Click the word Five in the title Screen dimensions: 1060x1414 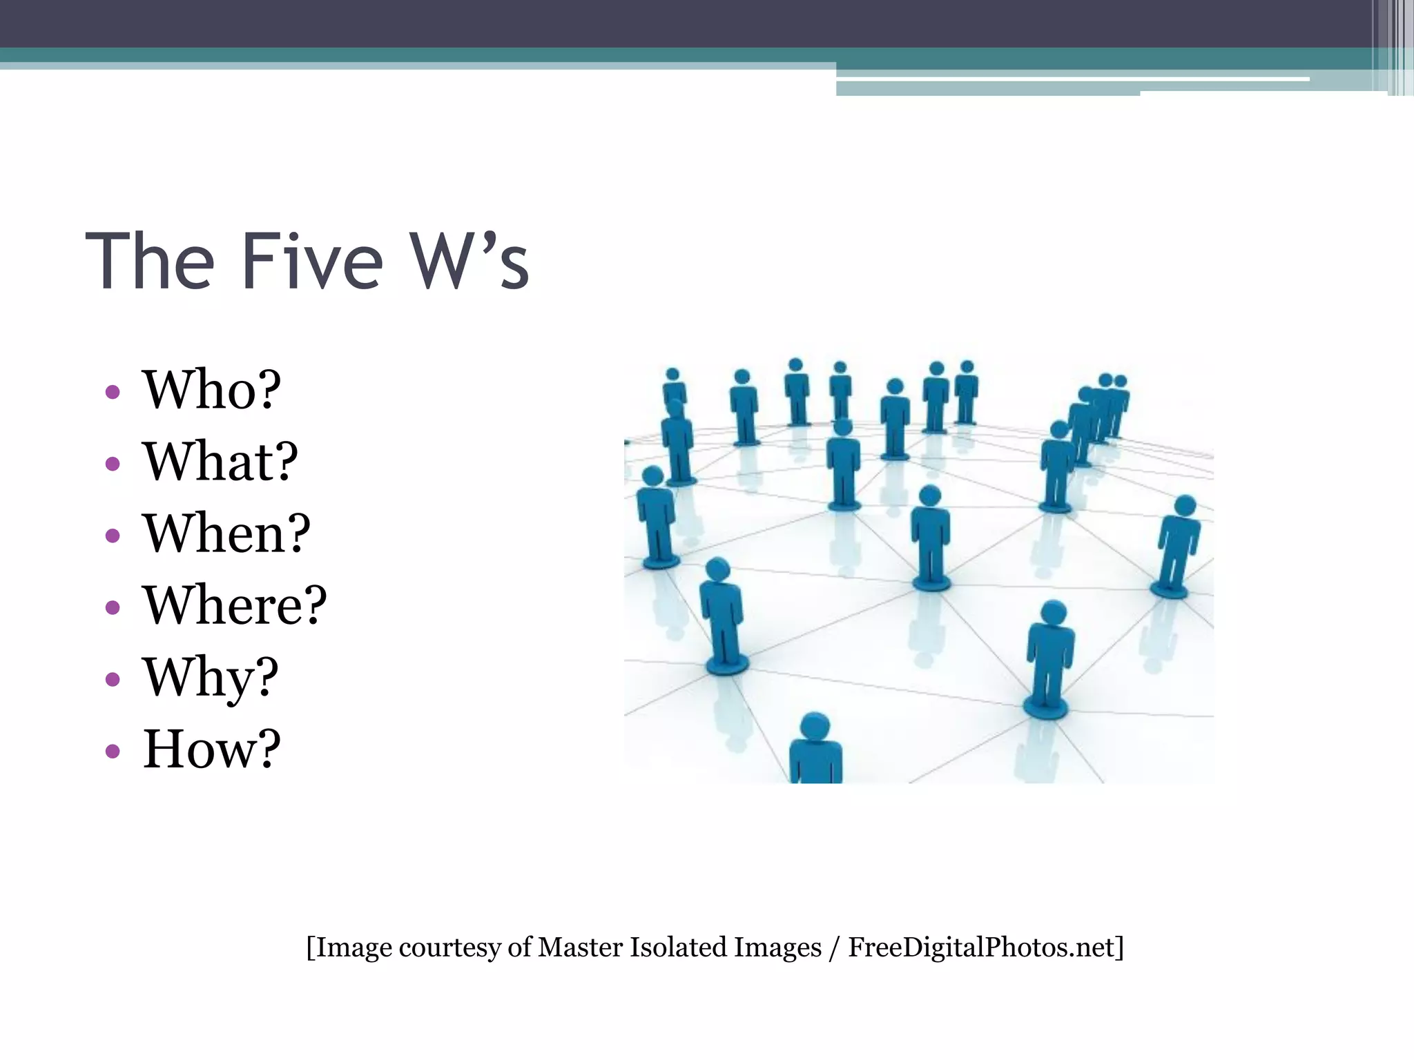312,262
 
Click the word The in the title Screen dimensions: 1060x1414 150,262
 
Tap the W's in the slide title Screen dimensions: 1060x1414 469,262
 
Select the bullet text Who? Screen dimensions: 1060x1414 211,390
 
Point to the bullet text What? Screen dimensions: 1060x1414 220,462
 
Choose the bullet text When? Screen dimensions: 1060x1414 226,533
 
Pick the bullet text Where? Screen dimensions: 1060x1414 234,605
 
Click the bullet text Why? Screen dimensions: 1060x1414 211,678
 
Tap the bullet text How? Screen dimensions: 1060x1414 211,749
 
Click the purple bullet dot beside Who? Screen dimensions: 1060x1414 113,393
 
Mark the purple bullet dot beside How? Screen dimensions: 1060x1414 113,751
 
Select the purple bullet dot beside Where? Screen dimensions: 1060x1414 113,607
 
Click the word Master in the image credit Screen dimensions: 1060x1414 581,948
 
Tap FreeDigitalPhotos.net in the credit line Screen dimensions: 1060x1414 981,948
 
